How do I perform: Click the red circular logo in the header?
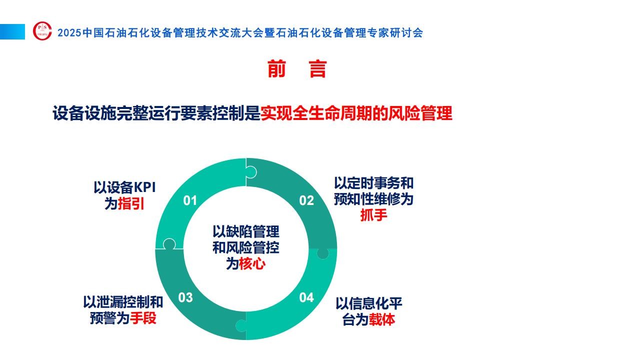tap(42, 31)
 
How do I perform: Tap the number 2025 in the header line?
tap(69, 33)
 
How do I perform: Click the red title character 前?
tap(276, 69)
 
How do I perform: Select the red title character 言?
tap(317, 69)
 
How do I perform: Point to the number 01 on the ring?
tap(190, 200)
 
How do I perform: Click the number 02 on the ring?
tap(306, 200)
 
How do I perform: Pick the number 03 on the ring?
tap(185, 297)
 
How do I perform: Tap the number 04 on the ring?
tap(306, 297)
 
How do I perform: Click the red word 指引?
tap(131, 204)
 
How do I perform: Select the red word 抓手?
tap(373, 215)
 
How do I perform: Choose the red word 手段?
tap(143, 318)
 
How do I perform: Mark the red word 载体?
tap(382, 319)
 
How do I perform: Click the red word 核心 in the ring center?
tap(252, 263)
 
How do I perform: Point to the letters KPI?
tap(145, 187)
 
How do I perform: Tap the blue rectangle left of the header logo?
tap(12, 31)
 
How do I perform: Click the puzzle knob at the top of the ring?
tap(251, 172)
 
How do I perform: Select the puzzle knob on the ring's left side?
tap(169, 244)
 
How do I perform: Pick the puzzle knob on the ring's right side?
tap(323, 253)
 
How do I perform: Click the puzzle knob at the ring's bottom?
tap(241, 325)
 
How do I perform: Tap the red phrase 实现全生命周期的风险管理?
tap(356, 113)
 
